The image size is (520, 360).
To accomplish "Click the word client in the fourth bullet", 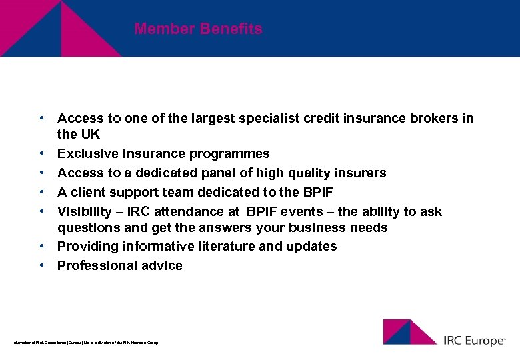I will pyautogui.click(x=88, y=193).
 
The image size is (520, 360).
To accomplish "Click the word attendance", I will pyautogui.click(x=187, y=212).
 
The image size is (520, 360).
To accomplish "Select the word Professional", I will pyautogui.click(x=93, y=266).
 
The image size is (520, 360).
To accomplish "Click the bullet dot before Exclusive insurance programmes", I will pyautogui.click(x=41, y=153).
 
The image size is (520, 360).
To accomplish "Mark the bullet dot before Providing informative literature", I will pyautogui.click(x=41, y=246).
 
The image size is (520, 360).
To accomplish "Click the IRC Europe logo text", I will pyautogui.click(x=475, y=341).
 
